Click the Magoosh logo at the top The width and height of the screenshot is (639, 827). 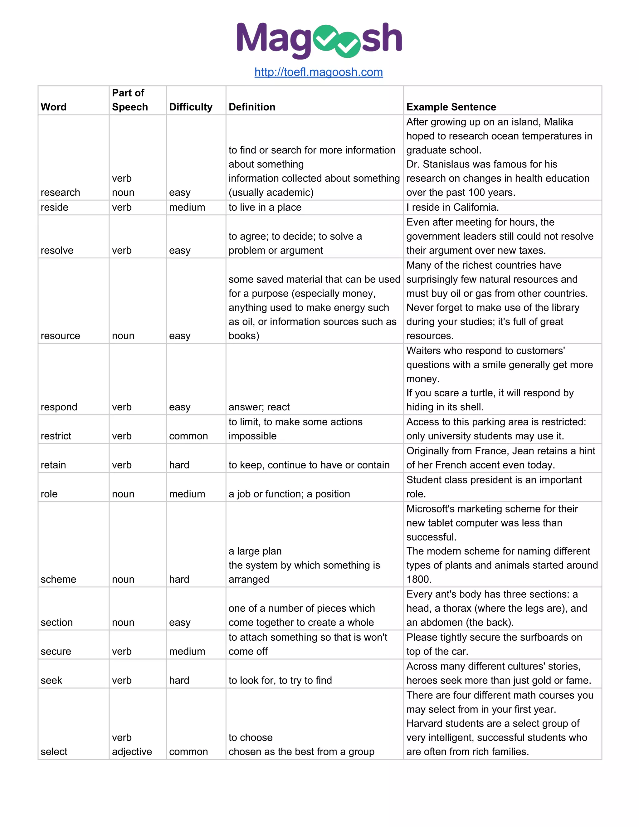[x=319, y=40]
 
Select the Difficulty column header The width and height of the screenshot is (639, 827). [x=190, y=107]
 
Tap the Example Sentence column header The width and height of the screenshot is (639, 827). [x=451, y=107]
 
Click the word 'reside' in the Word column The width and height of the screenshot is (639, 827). [x=55, y=208]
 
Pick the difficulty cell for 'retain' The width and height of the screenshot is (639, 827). [x=179, y=465]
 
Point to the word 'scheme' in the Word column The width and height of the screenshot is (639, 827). [x=58, y=579]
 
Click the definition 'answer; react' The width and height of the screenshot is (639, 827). [x=259, y=407]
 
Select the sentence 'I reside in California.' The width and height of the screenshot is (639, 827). [x=452, y=208]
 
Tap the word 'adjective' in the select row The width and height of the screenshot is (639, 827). [x=132, y=752]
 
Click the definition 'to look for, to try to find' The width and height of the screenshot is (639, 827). [x=280, y=680]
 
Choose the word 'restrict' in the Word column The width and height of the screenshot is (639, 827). [x=56, y=436]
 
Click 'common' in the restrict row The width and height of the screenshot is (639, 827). [x=188, y=436]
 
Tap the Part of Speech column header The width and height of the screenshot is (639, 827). [x=129, y=100]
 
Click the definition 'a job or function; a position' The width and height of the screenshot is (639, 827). [x=289, y=494]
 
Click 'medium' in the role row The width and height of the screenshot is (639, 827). [x=187, y=494]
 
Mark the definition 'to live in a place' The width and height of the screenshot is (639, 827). [x=265, y=208]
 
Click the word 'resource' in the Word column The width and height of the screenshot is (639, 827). [x=61, y=336]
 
